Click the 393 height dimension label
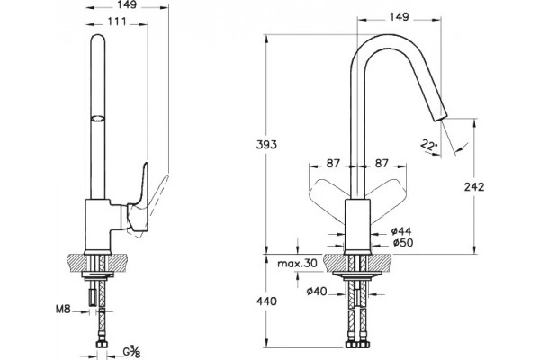[x=266, y=145]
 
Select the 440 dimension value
[x=266, y=301]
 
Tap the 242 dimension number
[x=474, y=187]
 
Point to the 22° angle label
[x=428, y=145]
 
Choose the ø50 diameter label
[x=403, y=243]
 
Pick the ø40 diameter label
[x=317, y=292]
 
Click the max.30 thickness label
[x=297, y=264]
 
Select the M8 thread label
[x=63, y=309]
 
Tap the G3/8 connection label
[x=131, y=352]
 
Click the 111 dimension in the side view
[x=117, y=22]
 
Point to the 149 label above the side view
[x=127, y=4]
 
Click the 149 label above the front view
[x=399, y=16]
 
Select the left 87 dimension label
[x=333, y=163]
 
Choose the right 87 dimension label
[x=382, y=163]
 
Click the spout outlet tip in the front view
[x=440, y=117]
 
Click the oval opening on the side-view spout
[x=97, y=119]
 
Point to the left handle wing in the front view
[x=328, y=200]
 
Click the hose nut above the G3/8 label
[x=102, y=344]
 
